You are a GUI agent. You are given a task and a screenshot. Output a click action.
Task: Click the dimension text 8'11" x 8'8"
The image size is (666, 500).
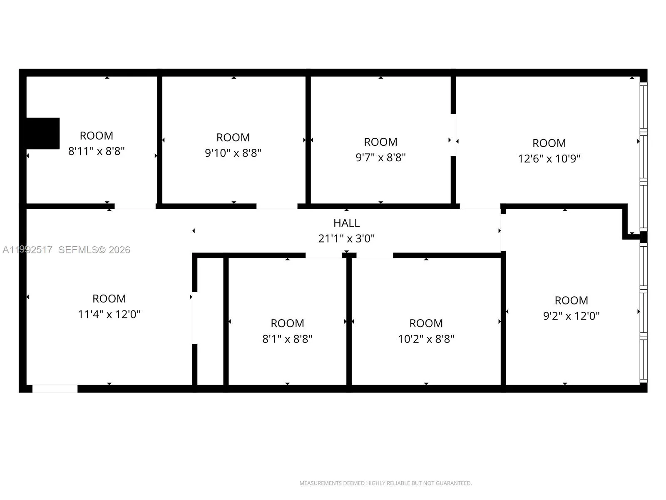click(97, 151)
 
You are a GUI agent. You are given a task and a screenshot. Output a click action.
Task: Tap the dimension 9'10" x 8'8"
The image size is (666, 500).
click(233, 153)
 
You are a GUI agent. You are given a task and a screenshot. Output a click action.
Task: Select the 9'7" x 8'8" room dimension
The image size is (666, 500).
click(380, 157)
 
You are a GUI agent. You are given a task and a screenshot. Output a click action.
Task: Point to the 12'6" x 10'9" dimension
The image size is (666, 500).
click(549, 159)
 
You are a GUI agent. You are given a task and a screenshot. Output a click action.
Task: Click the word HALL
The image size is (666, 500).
click(346, 223)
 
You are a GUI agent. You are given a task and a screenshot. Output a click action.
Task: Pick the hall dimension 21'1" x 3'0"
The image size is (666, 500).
click(346, 239)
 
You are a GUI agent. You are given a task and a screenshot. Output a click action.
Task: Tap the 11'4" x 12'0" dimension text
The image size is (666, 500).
click(109, 314)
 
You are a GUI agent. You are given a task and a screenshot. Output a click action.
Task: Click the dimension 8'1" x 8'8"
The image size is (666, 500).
click(287, 339)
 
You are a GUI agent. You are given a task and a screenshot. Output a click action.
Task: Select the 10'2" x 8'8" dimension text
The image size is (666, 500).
click(426, 339)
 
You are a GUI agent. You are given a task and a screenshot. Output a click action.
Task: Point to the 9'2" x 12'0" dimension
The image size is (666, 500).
click(571, 316)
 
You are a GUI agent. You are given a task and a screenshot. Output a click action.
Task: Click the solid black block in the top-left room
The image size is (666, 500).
click(42, 133)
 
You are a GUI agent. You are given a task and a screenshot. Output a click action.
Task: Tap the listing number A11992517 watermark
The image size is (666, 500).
click(27, 250)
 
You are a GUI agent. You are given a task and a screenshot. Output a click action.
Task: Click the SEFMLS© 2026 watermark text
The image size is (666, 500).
click(94, 250)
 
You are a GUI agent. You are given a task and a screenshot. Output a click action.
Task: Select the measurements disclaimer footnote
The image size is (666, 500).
click(385, 483)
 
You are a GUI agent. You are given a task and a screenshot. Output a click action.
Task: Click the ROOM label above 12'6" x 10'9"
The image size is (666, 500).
click(549, 143)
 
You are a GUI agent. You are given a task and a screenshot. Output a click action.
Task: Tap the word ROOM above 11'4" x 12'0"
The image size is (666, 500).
click(109, 299)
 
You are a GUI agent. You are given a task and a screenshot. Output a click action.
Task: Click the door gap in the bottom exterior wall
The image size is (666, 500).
click(55, 389)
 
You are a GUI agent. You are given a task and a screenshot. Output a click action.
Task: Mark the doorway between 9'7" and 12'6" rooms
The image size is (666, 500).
click(453, 135)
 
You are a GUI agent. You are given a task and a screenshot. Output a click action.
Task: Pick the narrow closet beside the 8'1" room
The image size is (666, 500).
click(210, 321)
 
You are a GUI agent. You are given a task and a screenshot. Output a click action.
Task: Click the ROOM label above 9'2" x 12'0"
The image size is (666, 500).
click(571, 300)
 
